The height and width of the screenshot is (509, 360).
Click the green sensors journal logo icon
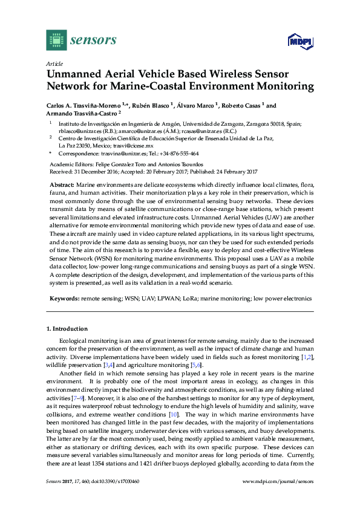56,40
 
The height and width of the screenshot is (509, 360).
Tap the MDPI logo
299,41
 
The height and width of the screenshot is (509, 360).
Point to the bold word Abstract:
62,184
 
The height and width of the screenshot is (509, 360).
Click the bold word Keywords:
64,299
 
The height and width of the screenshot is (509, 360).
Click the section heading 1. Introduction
67,329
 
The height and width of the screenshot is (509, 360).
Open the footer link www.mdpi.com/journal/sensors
278,498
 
